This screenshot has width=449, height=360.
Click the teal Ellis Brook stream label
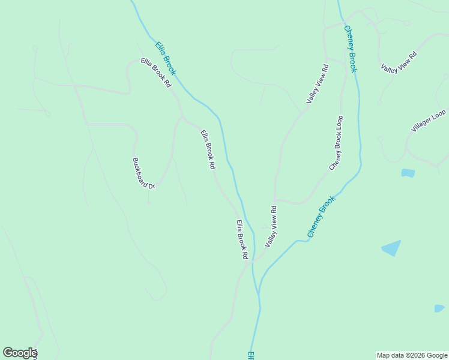tap(166, 58)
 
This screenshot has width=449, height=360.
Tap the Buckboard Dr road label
tap(143, 173)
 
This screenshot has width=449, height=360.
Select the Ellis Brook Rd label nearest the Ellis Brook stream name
tap(156, 73)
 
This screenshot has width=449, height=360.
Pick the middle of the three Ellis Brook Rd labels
tap(208, 150)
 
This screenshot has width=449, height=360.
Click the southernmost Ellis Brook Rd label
tap(242, 239)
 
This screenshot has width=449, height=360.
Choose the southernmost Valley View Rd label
tap(271, 226)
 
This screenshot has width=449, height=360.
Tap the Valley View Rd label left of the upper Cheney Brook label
tap(318, 83)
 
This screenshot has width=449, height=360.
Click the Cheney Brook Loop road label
tap(336, 142)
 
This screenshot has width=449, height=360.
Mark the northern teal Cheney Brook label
tap(351, 49)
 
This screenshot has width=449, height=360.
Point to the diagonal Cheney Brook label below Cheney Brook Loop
tap(321, 217)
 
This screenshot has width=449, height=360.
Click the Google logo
tap(20, 353)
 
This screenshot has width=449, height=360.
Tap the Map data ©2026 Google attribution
tap(412, 355)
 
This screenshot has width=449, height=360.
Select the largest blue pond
tap(391, 248)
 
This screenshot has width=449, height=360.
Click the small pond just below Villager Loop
tap(408, 173)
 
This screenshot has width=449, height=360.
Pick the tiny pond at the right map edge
tap(439, 308)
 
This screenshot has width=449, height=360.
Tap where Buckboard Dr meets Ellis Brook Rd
tap(182, 118)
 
